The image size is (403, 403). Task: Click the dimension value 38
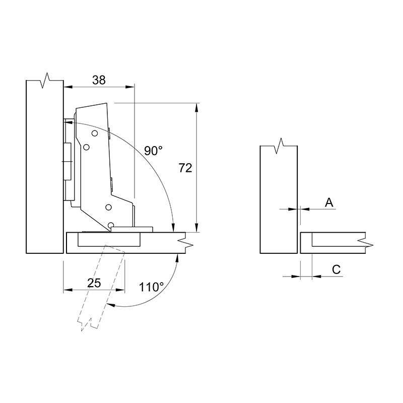coord(99,80)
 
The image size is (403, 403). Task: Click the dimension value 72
coord(185,168)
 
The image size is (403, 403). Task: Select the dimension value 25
coord(94,283)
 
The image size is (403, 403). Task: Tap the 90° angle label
coord(153,151)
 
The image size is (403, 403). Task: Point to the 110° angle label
coord(152,287)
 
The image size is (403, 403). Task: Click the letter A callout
coord(329,203)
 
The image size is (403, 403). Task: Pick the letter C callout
coord(336,270)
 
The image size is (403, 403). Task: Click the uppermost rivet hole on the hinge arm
coord(95,133)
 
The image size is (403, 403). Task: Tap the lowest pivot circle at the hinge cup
coord(111,225)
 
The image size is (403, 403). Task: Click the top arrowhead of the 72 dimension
coord(196,107)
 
